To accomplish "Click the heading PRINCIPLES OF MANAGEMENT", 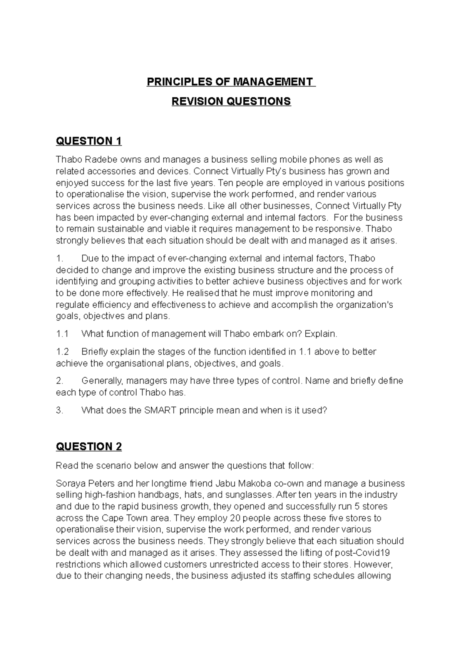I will tap(231, 82).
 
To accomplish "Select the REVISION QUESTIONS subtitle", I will tap(231, 102).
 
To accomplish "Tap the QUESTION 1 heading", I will tap(89, 141).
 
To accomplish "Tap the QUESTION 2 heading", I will tap(89, 446).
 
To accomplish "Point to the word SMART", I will tap(160, 410).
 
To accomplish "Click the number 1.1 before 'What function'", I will tap(62, 334).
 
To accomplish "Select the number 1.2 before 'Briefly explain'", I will tap(62, 352).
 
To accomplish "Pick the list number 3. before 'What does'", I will tap(59, 410).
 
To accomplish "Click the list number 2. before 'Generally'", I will tap(59, 381).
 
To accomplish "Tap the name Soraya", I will tap(69, 483).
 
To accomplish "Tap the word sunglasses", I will tap(251, 495).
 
